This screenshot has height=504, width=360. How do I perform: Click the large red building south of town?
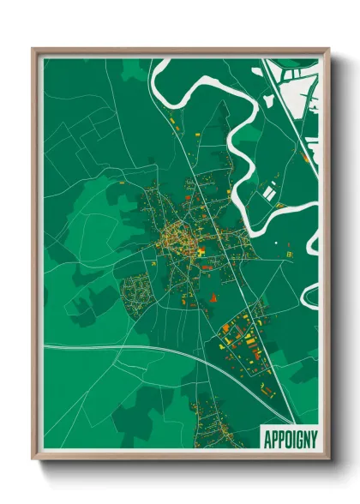tap(213, 297)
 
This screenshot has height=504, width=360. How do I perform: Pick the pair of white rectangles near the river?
tap(271, 193)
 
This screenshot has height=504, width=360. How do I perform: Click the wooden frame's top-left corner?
tap(33, 50)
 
